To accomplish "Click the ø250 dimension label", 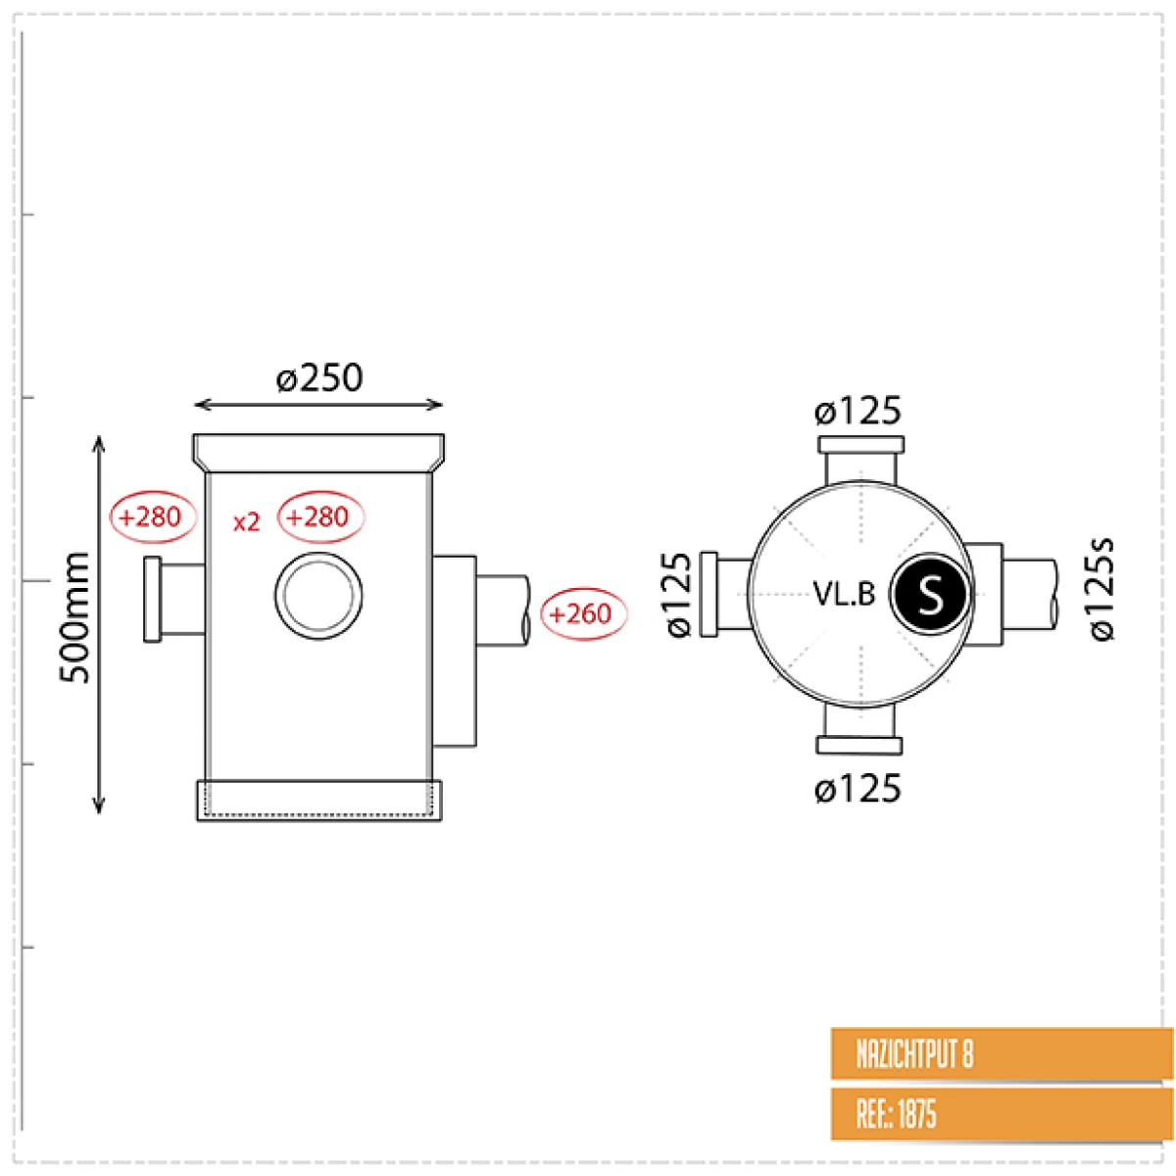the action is (319, 377).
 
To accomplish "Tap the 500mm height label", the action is (74, 617).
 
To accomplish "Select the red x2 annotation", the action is (247, 521).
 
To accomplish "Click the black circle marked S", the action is (929, 594).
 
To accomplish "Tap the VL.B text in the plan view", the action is (844, 594).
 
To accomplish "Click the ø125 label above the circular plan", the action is (857, 411).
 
